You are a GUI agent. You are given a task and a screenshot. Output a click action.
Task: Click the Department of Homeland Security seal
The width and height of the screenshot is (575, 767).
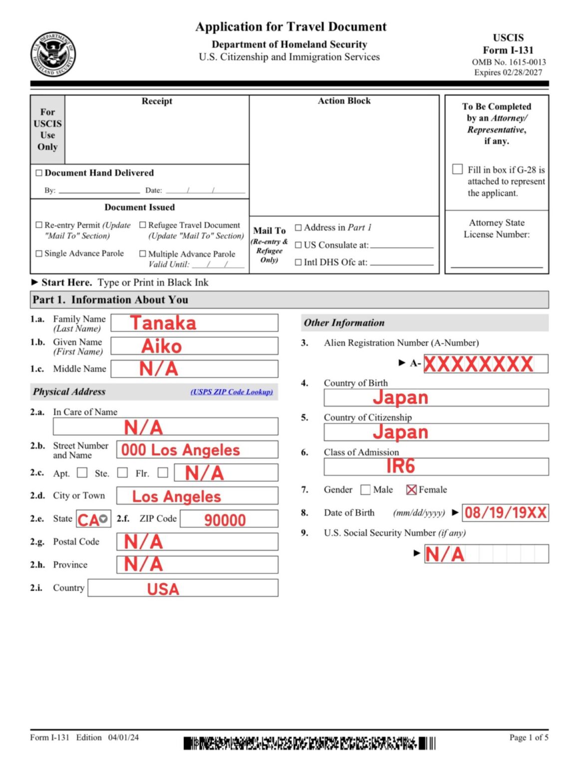point(53,54)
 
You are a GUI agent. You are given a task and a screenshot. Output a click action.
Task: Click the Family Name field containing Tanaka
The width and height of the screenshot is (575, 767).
point(194,323)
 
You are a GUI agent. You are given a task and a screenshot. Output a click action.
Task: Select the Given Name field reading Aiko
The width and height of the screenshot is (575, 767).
point(194,346)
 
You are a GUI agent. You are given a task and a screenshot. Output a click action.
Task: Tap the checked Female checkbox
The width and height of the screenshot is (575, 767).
point(411,490)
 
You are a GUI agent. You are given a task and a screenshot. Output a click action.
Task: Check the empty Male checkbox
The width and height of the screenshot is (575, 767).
point(365,490)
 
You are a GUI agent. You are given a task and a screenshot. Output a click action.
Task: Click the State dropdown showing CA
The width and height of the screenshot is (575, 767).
point(93,519)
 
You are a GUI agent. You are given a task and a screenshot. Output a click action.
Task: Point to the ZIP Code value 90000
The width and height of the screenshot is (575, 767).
point(225,520)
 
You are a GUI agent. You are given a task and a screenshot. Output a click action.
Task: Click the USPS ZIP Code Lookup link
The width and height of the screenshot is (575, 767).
point(232,392)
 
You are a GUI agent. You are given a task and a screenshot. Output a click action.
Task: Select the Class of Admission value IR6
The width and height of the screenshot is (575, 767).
point(401,466)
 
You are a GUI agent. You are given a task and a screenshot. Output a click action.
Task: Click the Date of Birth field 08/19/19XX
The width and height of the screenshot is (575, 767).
point(505,513)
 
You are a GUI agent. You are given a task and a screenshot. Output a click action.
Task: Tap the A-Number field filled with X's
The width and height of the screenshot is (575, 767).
point(479,364)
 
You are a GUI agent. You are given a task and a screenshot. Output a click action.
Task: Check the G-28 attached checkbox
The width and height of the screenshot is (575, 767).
point(457,169)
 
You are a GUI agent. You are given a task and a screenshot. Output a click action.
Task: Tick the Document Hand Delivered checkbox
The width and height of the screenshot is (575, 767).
point(39,173)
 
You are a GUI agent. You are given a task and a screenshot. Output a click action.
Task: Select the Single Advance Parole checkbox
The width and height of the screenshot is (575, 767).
point(39,254)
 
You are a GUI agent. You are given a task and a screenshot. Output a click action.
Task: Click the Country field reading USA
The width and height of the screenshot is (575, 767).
point(183,588)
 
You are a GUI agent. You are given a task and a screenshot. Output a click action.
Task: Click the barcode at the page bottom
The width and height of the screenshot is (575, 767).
point(309,744)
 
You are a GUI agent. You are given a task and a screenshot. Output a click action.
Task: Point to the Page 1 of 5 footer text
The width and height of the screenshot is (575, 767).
point(528,737)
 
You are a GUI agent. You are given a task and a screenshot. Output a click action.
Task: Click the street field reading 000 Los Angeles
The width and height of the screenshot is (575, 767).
point(197,450)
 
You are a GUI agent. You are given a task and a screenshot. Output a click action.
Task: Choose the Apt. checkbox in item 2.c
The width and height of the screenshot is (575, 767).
point(82,472)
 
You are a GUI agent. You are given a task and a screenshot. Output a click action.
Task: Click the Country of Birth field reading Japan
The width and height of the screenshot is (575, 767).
point(436,397)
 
